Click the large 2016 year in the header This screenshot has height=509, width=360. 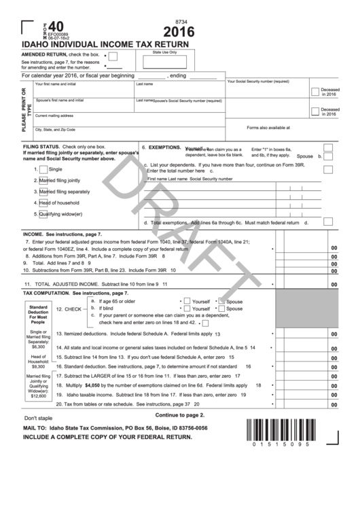(x=179, y=31)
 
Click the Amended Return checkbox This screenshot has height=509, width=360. (x=113, y=56)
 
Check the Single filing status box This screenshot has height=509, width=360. (x=43, y=169)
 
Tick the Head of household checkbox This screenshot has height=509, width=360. (x=43, y=203)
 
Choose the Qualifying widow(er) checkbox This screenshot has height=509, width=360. (x=43, y=213)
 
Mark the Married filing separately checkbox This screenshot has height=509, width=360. (x=43, y=192)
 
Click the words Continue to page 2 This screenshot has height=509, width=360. (x=179, y=415)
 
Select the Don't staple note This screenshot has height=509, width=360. (x=39, y=418)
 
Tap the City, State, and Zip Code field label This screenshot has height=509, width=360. (x=55, y=129)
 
